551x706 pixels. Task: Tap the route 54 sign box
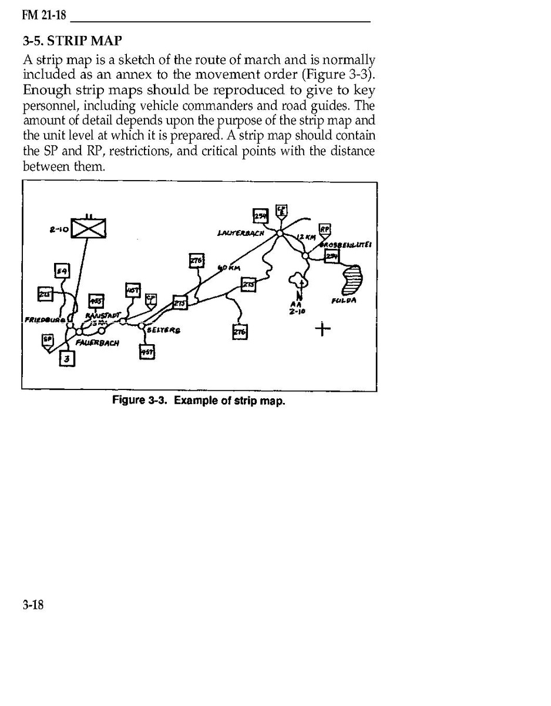tap(62, 271)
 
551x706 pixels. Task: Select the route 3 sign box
tap(67, 358)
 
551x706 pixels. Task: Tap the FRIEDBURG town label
tap(45, 320)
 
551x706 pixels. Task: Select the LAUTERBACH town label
tap(240, 234)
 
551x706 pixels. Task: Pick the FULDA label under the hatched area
tap(344, 301)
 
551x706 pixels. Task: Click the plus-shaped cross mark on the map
tap(322, 328)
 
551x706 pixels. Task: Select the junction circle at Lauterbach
tap(280, 234)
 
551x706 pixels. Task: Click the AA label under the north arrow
tap(298, 305)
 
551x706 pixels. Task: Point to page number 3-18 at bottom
tap(33, 605)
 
